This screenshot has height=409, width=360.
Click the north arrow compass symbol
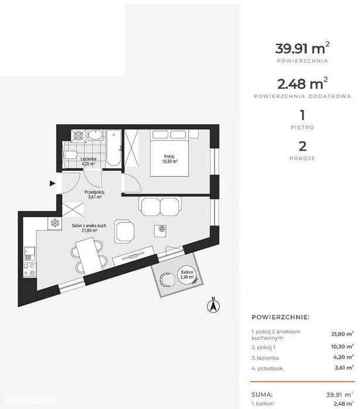pos(213,305)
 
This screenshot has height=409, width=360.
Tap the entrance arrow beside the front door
pos(53,183)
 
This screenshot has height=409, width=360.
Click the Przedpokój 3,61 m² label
pos(94,195)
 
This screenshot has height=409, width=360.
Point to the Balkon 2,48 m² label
pos(187,275)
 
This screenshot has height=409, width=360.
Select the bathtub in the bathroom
pos(114,148)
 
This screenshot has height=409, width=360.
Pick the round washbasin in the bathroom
pos(95,135)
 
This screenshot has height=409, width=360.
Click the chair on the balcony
pos(167,279)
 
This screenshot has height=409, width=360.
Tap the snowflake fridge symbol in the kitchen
pos(55,223)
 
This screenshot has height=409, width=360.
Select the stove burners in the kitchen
pos(29,270)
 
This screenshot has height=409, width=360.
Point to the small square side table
pos(160,231)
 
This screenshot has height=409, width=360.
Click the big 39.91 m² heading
pos(302,48)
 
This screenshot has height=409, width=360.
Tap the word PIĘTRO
pos(303,127)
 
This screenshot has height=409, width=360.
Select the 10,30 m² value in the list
pos(342,346)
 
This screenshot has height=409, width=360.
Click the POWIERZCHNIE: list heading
pos(280,317)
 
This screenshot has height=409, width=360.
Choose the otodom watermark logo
pos(30,400)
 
